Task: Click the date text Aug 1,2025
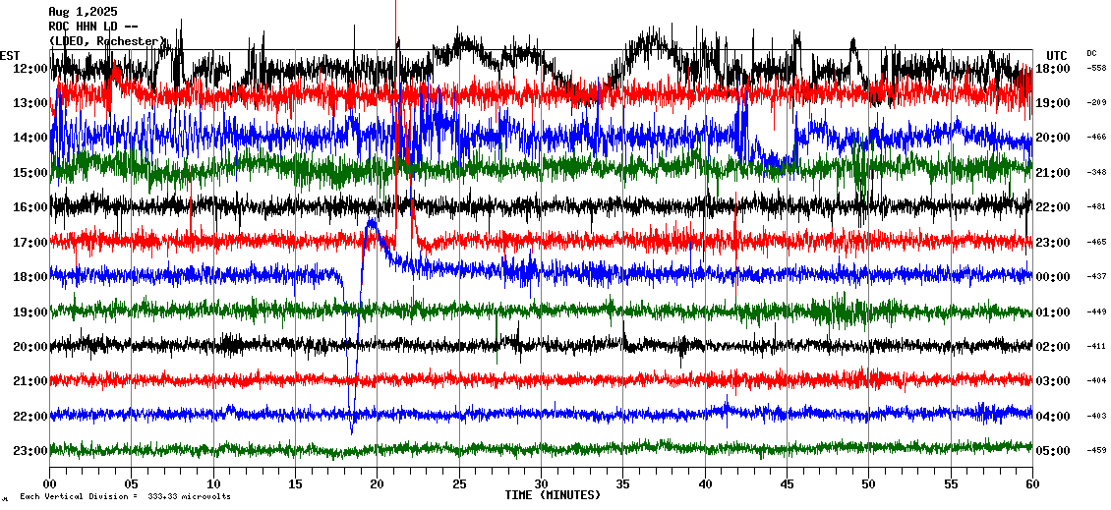pos(83,12)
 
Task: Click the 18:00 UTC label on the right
pos(1053,68)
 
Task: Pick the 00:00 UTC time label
pos(1053,277)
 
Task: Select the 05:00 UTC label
pos(1053,451)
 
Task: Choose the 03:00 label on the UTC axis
pos(1053,381)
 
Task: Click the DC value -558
pos(1096,68)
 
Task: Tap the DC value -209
pos(1096,102)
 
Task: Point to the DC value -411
pos(1096,346)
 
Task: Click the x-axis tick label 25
pos(459,484)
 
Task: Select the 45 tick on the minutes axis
pos(787,484)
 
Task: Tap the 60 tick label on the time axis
pos(1031,484)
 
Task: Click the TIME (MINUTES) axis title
pos(553,495)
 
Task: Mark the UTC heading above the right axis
pos(1057,55)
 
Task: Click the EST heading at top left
pos(10,55)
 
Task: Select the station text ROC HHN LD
pos(87,27)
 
